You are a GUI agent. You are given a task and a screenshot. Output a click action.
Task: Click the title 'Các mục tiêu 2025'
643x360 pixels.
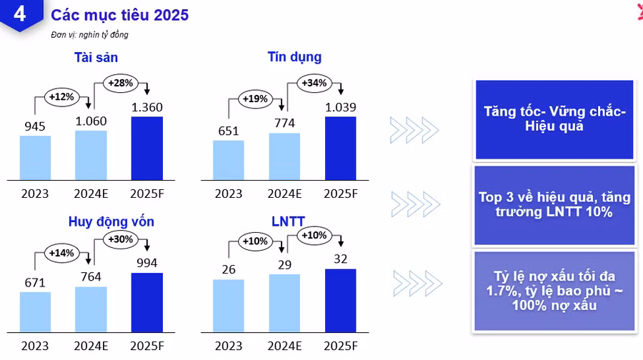(120, 14)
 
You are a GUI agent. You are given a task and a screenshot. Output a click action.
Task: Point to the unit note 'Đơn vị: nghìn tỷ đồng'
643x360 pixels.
(89, 34)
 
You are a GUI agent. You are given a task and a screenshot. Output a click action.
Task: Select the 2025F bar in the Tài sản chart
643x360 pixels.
(147, 148)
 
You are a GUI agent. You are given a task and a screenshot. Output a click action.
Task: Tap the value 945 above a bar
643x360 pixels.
(35, 126)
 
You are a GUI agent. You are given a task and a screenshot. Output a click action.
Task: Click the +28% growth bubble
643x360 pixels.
(121, 83)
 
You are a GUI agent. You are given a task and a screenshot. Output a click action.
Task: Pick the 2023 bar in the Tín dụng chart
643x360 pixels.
(229, 159)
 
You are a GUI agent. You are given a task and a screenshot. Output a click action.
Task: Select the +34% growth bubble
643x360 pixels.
(314, 83)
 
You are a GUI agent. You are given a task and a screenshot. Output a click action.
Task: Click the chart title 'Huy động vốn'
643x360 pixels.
(111, 221)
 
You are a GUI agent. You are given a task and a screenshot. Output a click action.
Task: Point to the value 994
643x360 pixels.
(147, 264)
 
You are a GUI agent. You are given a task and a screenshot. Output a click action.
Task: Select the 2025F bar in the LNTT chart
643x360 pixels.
(341, 300)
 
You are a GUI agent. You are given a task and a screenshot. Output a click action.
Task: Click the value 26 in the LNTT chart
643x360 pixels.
(229, 269)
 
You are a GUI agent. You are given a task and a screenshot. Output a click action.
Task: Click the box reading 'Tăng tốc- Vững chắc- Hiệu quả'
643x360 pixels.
(554, 119)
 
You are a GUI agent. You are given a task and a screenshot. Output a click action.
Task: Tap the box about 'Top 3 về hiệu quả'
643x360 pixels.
(554, 205)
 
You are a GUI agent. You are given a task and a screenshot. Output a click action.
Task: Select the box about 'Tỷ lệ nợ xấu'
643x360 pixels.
(554, 291)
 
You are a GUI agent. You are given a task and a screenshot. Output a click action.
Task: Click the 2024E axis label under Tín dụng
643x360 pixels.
(285, 194)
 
